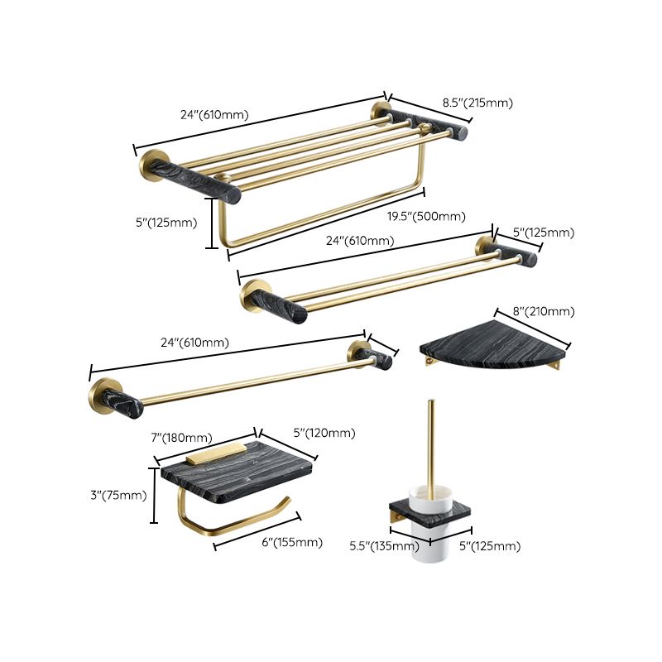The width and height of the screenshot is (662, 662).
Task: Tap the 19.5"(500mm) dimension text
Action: coord(427,217)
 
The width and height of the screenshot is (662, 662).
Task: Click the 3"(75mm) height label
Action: coord(118,496)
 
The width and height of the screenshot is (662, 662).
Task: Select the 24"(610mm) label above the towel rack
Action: coord(213,115)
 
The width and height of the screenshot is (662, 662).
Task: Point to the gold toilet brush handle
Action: coord(431,447)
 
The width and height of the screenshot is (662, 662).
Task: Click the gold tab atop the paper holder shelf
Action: coord(214,453)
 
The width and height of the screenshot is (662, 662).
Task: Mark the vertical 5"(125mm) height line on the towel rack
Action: coord(211,223)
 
